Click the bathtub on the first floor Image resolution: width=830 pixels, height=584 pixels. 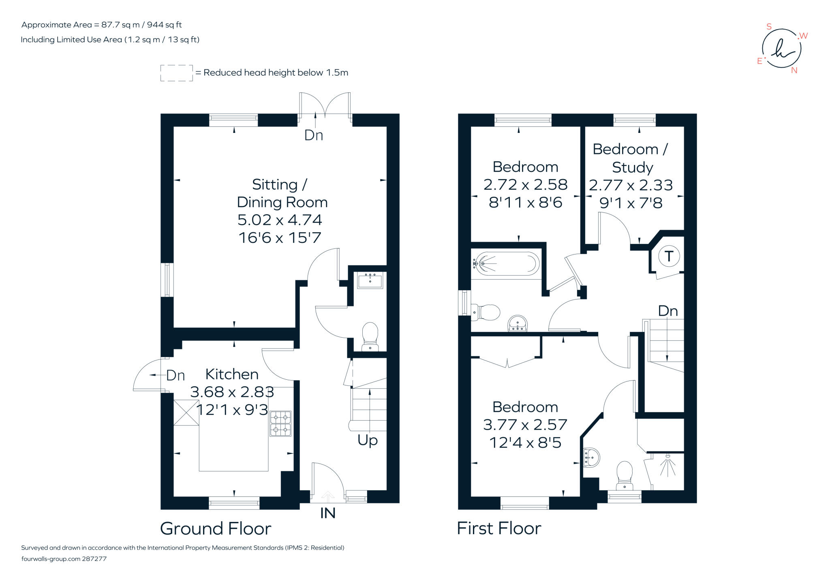(x=507, y=264)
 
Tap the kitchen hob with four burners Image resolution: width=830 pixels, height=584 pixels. (x=280, y=424)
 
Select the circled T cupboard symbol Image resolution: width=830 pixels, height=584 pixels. (x=669, y=256)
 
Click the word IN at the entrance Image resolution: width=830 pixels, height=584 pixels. (x=327, y=513)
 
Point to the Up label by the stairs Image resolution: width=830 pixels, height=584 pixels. (x=367, y=440)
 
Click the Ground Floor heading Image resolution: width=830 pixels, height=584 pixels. (x=215, y=528)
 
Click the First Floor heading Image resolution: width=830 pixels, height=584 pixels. (x=499, y=528)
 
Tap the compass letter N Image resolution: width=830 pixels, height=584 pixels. (x=794, y=71)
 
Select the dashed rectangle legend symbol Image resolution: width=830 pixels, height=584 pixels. (x=176, y=73)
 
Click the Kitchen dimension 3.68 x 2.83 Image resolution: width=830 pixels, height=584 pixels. (x=232, y=392)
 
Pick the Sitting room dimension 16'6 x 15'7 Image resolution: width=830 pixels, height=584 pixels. (x=280, y=237)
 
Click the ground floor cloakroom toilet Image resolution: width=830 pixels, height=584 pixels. (x=370, y=336)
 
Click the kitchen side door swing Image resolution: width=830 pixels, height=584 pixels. (x=148, y=375)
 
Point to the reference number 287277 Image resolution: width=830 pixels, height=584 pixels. (x=94, y=559)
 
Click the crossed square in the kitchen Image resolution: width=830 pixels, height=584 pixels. (x=186, y=413)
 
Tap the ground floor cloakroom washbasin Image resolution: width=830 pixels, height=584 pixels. (x=370, y=280)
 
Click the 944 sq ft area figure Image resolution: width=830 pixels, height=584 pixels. (x=164, y=25)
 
